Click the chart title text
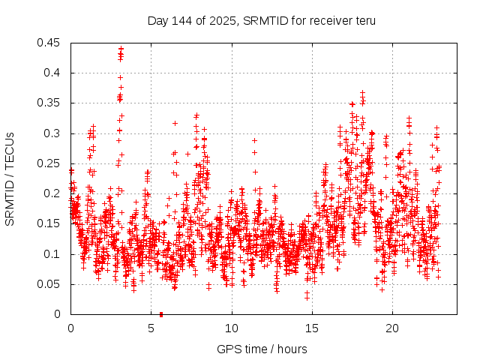click(262, 20)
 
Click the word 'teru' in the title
click(364, 20)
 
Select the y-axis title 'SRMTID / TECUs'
click(10, 179)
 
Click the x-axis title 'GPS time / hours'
click(262, 349)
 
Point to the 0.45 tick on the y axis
click(52, 43)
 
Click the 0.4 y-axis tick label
click(55, 73)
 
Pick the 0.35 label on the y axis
click(52, 103)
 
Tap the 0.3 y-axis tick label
click(55, 133)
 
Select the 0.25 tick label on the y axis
click(52, 163)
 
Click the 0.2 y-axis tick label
click(55, 193)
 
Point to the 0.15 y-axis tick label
click(52, 223)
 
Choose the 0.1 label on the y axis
click(55, 254)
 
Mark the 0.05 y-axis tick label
click(52, 284)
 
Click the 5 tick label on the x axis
click(151, 328)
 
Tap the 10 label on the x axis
click(232, 328)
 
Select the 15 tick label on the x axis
click(312, 328)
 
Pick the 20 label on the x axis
click(392, 328)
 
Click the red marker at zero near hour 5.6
click(161, 314)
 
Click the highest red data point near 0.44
click(121, 49)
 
